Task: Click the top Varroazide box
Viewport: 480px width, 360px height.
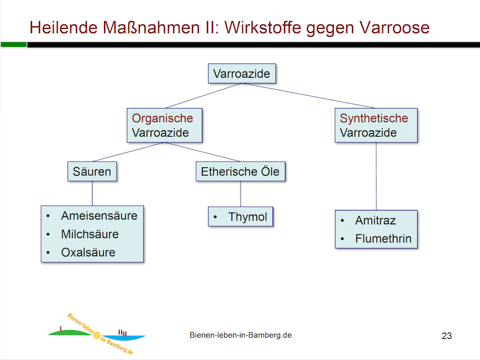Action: tap(241, 74)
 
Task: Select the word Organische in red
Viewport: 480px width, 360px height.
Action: tap(162, 118)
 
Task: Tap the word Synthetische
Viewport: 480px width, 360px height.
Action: tap(374, 118)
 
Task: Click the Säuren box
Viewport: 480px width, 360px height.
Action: tap(92, 171)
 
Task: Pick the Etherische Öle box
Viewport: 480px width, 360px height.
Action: tap(240, 171)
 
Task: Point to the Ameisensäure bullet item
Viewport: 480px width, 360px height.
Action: tap(99, 215)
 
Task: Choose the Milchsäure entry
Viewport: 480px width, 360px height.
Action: tap(90, 234)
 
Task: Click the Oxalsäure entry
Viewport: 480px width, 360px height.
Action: tap(88, 252)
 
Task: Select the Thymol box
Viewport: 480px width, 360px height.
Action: tap(241, 217)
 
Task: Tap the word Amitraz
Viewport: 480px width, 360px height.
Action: tap(375, 221)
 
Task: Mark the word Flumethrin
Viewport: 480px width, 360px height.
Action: tap(383, 239)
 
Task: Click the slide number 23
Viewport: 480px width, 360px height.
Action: tap(446, 335)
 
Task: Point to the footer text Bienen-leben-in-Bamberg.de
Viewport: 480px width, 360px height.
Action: tap(241, 335)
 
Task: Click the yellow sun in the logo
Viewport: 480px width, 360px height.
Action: tap(97, 334)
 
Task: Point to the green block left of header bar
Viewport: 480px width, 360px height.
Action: tap(13, 44)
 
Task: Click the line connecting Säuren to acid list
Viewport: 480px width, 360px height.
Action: tap(92, 194)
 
